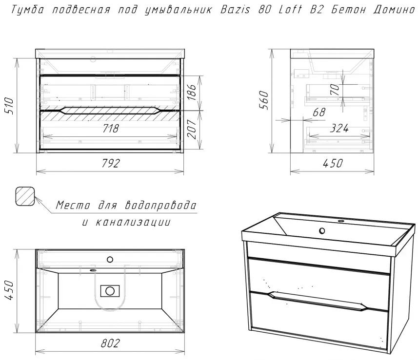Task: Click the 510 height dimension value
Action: [9, 106]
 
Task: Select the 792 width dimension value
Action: [111, 163]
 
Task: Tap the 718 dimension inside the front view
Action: [111, 129]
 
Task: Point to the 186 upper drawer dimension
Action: [192, 92]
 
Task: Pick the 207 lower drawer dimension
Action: [192, 129]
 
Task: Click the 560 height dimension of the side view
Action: [264, 100]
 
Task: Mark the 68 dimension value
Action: [319, 112]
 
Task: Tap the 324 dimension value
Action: [339, 128]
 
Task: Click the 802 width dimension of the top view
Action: [110, 343]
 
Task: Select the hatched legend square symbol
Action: [25, 196]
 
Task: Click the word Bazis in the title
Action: [236, 10]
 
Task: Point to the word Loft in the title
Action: [291, 10]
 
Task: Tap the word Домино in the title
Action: [395, 10]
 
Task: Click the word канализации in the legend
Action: [133, 222]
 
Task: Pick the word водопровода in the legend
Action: [160, 205]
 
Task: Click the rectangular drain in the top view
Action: [110, 291]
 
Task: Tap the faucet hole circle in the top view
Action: [110, 259]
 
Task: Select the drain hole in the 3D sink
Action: [322, 231]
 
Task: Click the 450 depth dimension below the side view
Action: [333, 163]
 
